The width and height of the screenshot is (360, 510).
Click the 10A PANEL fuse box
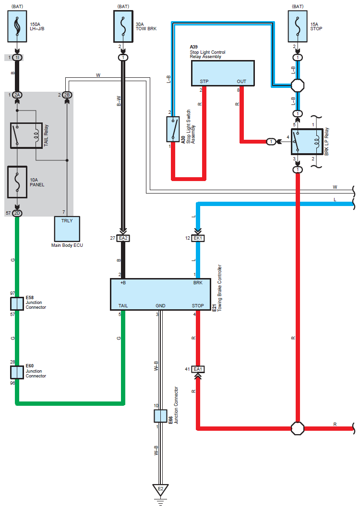[17, 182]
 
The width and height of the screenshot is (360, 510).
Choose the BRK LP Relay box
[306, 142]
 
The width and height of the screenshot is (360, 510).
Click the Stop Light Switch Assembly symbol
[173, 129]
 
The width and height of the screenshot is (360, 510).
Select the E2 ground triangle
[160, 490]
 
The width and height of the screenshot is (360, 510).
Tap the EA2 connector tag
[123, 238]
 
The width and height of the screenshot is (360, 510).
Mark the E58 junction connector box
[17, 304]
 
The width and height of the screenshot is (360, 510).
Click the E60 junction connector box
[17, 371]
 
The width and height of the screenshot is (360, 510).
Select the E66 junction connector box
[160, 415]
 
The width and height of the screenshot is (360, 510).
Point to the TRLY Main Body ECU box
[67, 229]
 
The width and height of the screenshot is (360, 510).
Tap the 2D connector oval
[17, 213]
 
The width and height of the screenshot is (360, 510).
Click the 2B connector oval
[67, 95]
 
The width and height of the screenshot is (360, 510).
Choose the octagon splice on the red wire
[298, 427]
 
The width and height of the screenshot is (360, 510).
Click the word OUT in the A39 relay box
[241, 81]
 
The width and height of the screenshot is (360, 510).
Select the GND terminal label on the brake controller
[160, 305]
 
